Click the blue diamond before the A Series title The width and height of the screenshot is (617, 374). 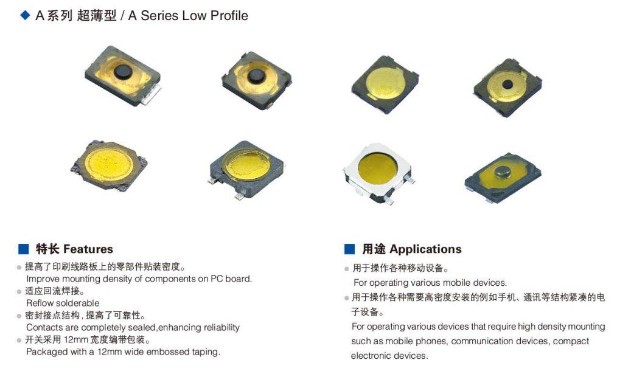coord(25,16)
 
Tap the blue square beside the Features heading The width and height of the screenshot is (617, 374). coord(24,249)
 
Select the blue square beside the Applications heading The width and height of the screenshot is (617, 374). coord(349,249)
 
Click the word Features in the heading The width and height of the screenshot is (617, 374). coord(88,249)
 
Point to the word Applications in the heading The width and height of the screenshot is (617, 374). coord(425,249)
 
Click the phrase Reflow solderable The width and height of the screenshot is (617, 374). coord(63,303)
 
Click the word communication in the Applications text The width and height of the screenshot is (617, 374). coord(480,341)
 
